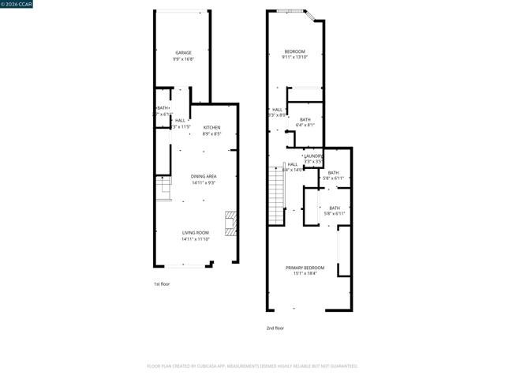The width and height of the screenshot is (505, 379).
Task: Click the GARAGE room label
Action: (183, 53)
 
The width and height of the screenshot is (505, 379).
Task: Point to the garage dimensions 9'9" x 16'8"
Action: (183, 59)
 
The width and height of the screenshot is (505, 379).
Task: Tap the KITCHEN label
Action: (211, 127)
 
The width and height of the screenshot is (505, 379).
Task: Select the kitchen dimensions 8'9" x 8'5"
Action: (211, 133)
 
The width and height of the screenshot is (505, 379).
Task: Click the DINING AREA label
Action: (204, 176)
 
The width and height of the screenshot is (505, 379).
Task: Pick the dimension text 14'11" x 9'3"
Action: (204, 182)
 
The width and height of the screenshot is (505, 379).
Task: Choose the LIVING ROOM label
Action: (196, 232)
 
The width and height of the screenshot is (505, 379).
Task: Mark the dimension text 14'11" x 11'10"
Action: (196, 238)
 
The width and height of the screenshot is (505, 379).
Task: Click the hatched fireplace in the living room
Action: (230, 223)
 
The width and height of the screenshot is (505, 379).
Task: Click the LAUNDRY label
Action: (313, 156)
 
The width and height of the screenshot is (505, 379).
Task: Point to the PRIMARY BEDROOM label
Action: (305, 268)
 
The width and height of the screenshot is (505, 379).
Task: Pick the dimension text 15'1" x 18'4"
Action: (305, 274)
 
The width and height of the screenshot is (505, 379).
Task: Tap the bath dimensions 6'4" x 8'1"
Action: (305, 125)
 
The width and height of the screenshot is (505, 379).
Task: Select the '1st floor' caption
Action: (161, 283)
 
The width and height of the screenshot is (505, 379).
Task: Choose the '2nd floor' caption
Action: (275, 328)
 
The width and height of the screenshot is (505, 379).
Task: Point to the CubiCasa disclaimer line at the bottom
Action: (252, 366)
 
